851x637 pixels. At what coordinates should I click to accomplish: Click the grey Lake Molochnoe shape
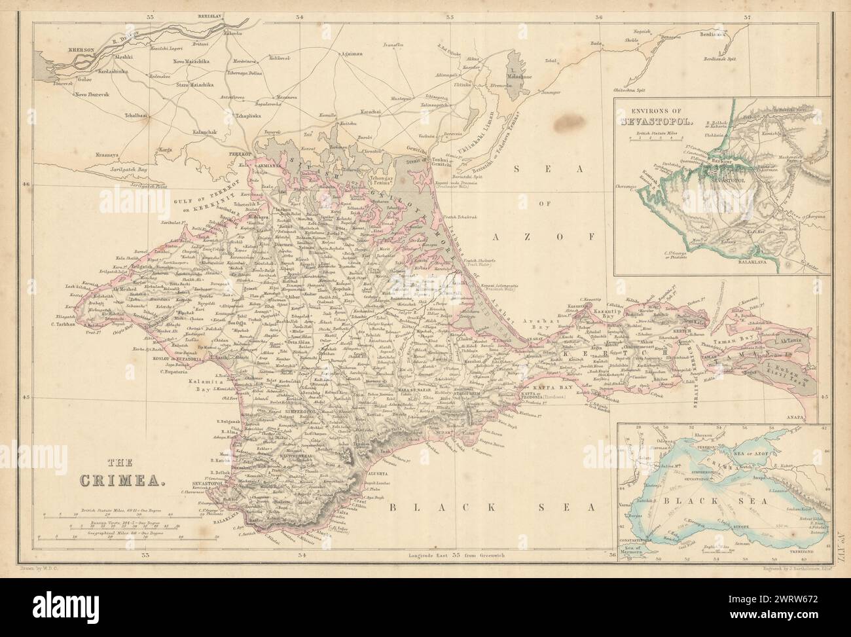515,65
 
